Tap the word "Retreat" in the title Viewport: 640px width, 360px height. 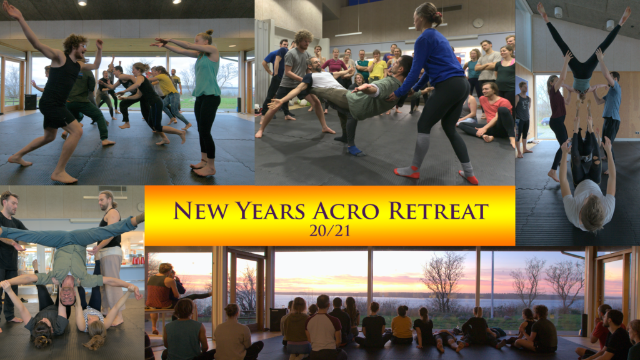point(438,211)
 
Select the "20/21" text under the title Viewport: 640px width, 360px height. point(329,231)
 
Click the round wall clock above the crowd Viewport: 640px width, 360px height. point(478,23)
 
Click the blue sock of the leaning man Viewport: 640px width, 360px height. point(354,151)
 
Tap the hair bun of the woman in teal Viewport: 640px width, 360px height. point(210,32)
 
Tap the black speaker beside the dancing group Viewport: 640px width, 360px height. point(31,102)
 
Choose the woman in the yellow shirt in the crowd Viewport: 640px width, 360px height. point(377,67)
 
